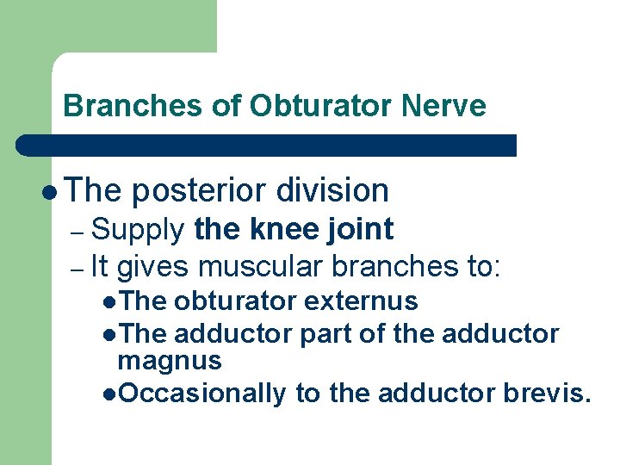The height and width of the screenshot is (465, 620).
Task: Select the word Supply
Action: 138,230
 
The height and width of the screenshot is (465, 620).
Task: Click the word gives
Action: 151,268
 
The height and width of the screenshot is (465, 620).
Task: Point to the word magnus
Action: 170,360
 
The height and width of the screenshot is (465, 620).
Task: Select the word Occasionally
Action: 201,394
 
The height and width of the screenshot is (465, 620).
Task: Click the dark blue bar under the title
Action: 267,145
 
